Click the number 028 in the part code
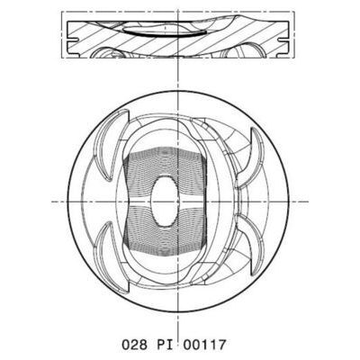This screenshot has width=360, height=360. click(132, 343)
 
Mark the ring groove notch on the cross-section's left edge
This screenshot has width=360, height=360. click(69, 38)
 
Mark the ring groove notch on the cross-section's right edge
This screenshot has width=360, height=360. click(293, 38)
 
